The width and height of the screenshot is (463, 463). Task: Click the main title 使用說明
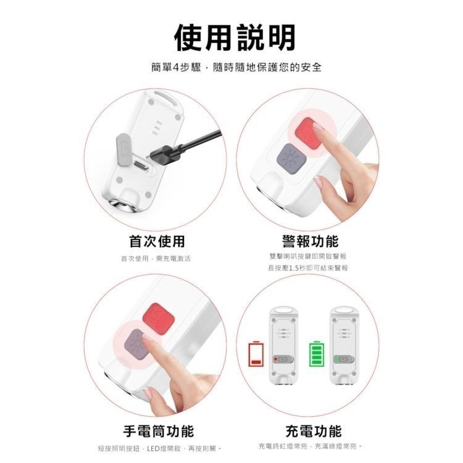[x=235, y=38]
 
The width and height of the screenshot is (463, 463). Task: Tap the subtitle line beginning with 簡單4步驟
[x=236, y=67]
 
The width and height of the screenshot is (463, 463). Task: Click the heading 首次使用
[x=157, y=241]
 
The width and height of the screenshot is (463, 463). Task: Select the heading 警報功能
[x=310, y=241]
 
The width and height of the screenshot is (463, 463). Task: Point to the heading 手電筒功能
[x=159, y=431]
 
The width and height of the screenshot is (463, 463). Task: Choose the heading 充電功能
[x=314, y=431]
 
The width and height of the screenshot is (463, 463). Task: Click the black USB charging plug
[x=165, y=154]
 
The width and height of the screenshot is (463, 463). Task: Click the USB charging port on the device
[x=143, y=166]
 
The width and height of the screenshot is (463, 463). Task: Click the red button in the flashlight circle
[x=158, y=319]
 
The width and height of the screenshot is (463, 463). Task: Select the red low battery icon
[x=256, y=354]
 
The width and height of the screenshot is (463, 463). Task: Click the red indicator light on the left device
[x=275, y=359]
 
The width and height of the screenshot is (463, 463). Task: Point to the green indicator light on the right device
[x=336, y=359]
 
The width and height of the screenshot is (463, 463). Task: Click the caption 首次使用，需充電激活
[x=156, y=259]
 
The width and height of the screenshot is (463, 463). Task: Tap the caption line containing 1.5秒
[x=308, y=268]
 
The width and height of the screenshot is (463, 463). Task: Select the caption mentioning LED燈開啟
[x=159, y=449]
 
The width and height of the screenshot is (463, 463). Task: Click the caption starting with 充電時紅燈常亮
[x=310, y=446]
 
